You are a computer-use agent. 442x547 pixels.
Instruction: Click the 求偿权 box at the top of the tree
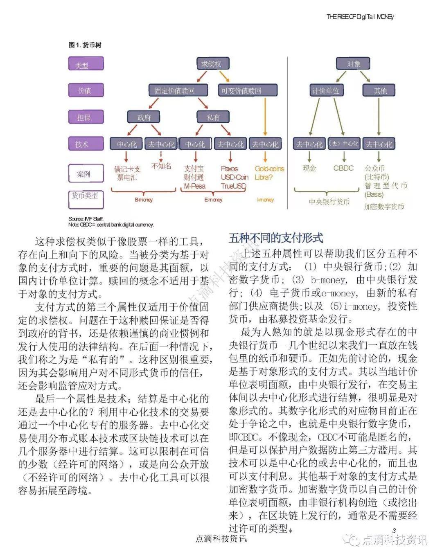[x=212, y=64]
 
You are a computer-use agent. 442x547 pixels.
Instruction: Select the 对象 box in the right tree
[x=353, y=64]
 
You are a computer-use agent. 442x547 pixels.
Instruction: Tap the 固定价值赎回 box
[x=175, y=90]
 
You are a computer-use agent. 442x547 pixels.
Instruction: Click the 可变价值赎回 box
[x=241, y=90]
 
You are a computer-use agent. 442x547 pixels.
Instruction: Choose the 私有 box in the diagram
[x=213, y=117]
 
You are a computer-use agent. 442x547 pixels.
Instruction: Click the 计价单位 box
[x=326, y=90]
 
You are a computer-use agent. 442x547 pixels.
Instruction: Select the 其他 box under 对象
[x=379, y=90]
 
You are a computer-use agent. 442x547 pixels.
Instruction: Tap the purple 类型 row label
[x=86, y=64]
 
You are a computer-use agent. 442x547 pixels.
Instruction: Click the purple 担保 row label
[x=86, y=117]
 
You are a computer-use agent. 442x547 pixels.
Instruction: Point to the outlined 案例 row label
[x=85, y=174]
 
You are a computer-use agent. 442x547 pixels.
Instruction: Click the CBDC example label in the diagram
[x=343, y=168]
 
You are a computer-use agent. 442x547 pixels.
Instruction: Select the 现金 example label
[x=309, y=168]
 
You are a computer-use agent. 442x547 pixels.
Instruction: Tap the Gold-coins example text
[x=269, y=169]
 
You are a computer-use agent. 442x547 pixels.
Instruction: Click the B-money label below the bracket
[x=144, y=200]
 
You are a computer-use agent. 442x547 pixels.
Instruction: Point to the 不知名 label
[x=161, y=166]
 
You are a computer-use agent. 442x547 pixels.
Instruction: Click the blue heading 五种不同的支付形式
[x=275, y=238]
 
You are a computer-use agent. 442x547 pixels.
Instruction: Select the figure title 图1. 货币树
[x=85, y=45]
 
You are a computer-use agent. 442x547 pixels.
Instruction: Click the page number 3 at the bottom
[x=394, y=531]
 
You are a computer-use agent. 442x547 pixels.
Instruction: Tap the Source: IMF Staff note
[x=86, y=219]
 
